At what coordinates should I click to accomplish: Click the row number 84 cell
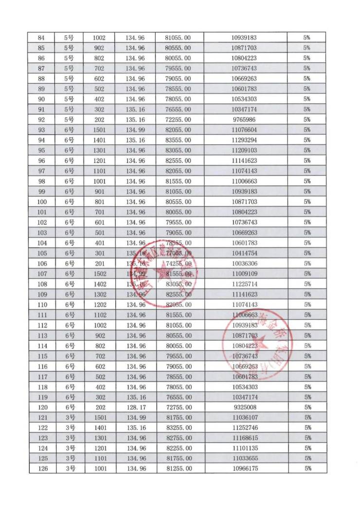click(x=41, y=37)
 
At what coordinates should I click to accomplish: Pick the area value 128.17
click(x=136, y=407)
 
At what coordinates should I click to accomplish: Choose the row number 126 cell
click(x=41, y=469)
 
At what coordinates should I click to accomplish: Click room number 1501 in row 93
click(x=99, y=130)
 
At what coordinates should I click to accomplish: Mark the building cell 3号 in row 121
click(x=69, y=418)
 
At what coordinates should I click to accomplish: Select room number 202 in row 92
click(x=99, y=120)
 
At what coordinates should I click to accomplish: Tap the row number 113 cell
click(x=41, y=335)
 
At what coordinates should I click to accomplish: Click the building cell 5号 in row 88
click(x=69, y=79)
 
